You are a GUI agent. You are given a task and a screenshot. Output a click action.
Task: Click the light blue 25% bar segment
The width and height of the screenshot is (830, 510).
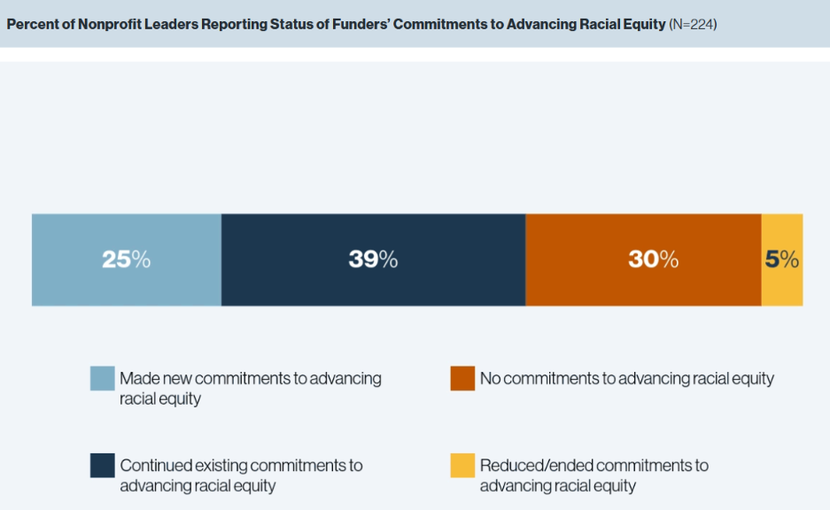point(127,259)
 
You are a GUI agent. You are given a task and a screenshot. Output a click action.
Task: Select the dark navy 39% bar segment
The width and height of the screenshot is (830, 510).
point(373,259)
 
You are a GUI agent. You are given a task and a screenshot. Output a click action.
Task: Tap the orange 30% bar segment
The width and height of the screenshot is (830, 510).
point(643,259)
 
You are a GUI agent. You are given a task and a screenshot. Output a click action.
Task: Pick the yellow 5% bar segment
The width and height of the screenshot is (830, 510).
point(782,259)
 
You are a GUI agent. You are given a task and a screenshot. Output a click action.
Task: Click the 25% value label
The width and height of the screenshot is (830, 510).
point(126,259)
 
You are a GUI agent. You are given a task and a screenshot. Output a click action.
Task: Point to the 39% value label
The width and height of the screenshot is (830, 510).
point(373,259)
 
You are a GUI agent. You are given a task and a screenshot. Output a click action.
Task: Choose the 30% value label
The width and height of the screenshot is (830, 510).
point(653,259)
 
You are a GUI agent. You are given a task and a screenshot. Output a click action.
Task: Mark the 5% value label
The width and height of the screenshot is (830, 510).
point(782,259)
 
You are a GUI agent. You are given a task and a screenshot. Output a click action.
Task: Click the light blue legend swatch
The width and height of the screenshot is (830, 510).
point(102,378)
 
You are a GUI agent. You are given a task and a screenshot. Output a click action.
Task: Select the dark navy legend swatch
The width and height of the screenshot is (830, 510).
point(102,466)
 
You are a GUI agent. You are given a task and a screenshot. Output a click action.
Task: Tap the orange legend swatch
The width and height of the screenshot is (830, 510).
point(462,378)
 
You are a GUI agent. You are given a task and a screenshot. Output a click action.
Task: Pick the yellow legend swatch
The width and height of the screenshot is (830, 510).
point(462,466)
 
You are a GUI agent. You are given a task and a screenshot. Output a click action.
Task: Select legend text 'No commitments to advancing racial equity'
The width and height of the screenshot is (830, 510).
point(627,378)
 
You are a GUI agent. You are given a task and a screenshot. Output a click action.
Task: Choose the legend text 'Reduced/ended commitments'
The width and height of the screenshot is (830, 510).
point(587,466)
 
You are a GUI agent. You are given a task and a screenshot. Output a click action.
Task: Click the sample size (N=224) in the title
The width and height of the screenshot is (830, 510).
point(693,24)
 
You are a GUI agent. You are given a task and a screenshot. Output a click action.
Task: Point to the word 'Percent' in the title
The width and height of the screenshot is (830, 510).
point(33,24)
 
